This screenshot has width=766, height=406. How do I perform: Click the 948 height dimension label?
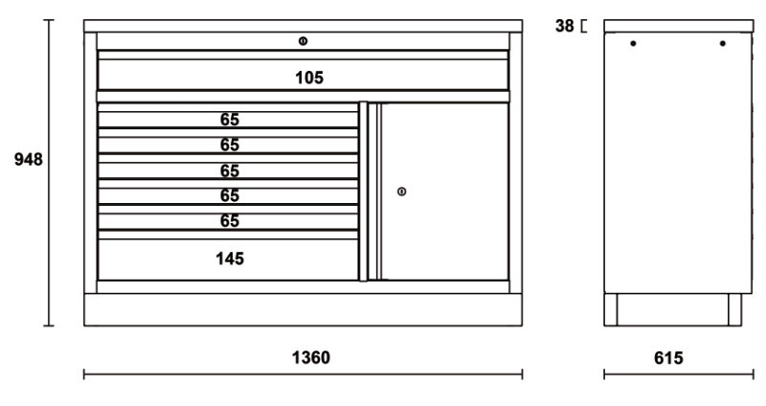29,159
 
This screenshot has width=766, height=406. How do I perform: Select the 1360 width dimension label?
310,357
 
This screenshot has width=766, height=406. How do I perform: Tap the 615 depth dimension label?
668,358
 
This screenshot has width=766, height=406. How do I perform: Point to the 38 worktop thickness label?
564,26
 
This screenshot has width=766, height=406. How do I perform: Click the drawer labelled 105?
303,75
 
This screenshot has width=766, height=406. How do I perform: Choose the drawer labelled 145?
228,259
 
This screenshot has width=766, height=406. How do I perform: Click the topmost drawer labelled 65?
228,120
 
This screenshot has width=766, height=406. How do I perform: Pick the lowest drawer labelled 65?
228,221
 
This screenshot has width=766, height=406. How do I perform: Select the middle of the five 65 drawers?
228,170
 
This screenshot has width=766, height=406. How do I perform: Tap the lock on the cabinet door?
401,192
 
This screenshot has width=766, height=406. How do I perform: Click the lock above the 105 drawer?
303,41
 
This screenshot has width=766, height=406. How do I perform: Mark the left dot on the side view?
633,43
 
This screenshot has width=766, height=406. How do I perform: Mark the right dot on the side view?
723,43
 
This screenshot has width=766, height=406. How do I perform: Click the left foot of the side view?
611,309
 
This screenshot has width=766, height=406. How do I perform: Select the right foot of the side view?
734,309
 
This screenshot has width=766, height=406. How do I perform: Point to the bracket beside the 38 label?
583,26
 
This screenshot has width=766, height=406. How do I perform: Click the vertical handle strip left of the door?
364,192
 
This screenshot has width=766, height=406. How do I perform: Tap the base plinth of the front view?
303,309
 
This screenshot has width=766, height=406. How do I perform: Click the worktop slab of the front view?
303,26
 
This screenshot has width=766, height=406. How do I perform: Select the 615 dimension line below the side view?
679,374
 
